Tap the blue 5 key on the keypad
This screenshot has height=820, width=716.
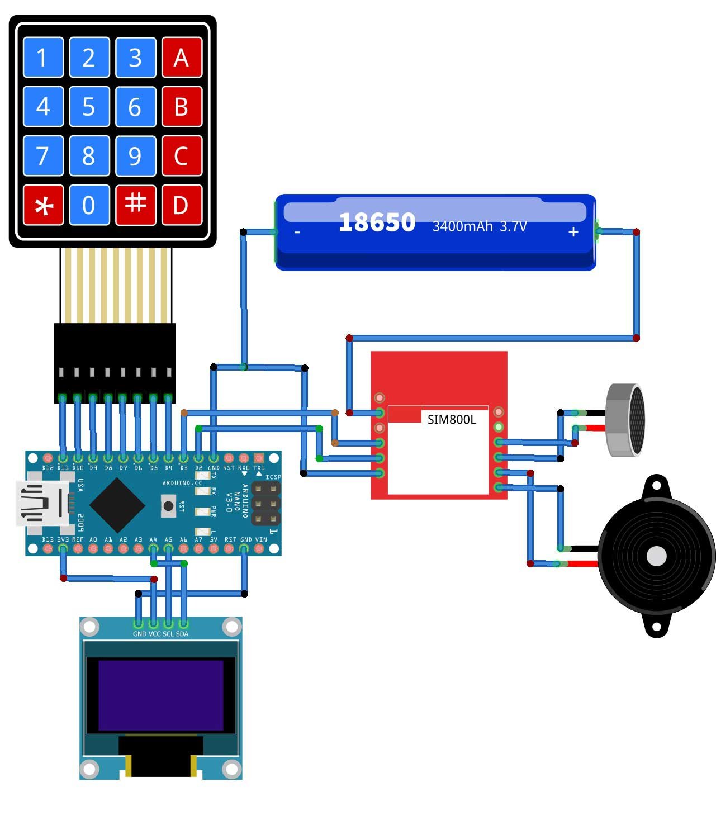89,107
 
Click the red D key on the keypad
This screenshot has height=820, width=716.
181,205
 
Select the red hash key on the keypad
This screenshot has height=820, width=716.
135,205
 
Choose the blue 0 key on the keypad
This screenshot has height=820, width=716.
89,205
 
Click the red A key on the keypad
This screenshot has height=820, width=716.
181,58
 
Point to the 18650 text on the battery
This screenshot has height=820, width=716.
377,222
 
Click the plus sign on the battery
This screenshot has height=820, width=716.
573,232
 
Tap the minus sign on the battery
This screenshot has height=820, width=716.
297,232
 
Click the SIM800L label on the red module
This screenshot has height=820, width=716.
452,420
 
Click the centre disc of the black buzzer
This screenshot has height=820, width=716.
656,556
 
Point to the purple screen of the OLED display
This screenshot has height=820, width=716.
161,695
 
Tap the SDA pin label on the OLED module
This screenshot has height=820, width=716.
182,634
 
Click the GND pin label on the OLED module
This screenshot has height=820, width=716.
139,634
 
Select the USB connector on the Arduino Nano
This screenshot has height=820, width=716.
42,503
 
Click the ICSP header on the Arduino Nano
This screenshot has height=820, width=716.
265,504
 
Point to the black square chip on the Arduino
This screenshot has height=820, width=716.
117,505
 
